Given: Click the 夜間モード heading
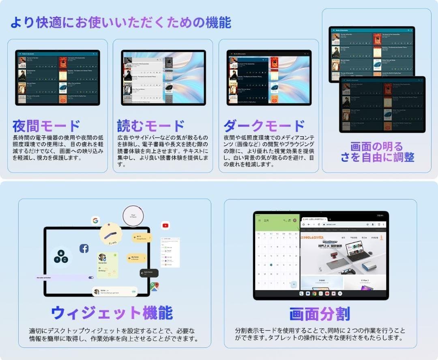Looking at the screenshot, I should click(46, 126).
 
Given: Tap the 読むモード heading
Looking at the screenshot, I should click(151, 126).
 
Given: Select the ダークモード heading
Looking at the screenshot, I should click(264, 126).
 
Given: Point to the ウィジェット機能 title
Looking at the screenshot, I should click(112, 313).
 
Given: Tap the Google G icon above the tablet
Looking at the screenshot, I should click(96, 221).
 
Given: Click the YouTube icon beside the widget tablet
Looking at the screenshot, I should click(165, 225).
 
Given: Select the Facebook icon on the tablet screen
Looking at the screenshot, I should click(84, 249).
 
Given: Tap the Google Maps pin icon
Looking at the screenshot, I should click(155, 286).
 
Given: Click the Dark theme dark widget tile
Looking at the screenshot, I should click(149, 273).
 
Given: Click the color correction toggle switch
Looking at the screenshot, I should click(91, 278).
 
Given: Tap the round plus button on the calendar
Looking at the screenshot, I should click(294, 284).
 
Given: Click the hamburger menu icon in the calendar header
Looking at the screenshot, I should click(260, 220).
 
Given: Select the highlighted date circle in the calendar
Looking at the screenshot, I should click(271, 265).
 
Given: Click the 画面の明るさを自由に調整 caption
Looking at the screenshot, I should click(377, 152).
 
